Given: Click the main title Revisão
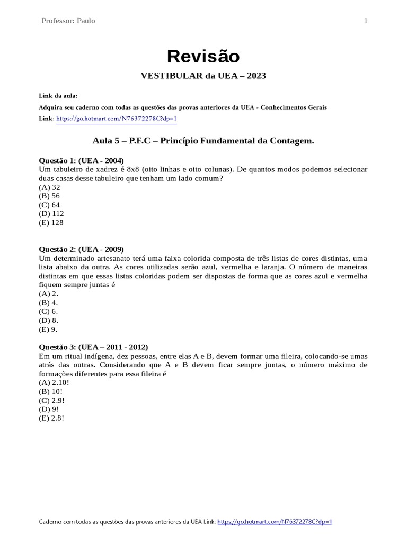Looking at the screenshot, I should pos(203,56).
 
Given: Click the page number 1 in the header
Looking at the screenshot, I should pos(366,21).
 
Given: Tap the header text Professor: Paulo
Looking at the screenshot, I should pos(68,21).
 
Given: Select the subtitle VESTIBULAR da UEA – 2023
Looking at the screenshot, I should pos(203,76).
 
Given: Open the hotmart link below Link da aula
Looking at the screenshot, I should pos(116,119).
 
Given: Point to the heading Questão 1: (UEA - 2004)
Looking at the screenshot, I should pos(81,160).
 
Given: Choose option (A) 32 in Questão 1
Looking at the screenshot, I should pos(50,187).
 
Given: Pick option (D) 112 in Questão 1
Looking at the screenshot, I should pos(51,213).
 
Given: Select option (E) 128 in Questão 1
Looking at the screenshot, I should pos(51,222).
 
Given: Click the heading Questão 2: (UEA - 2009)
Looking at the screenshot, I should pos(81,249).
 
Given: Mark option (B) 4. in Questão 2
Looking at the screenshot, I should pos(48,303).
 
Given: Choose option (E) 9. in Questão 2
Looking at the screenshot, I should pos(48,329).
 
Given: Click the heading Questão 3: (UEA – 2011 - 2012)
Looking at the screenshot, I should pos(94,347).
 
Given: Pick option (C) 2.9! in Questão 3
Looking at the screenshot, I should pos(52,400).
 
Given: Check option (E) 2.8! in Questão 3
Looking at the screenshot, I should pos(52,418).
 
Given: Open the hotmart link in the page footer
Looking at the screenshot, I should pos(275,522).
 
